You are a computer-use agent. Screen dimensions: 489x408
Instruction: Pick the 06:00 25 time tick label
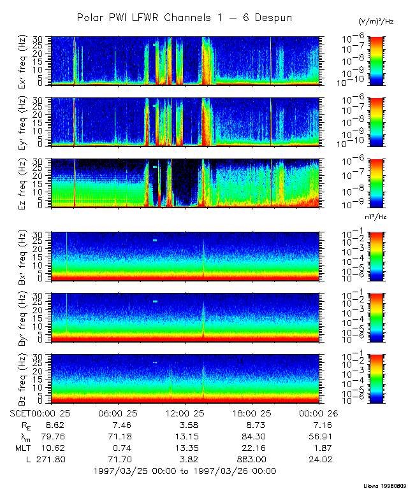(119, 414)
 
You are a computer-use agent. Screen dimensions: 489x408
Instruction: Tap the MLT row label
(21, 448)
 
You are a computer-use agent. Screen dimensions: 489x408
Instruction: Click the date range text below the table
(185, 471)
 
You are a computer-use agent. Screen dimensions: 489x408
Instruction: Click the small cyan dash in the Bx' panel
(155, 240)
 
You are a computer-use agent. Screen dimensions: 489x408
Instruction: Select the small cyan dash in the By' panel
(155, 301)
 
